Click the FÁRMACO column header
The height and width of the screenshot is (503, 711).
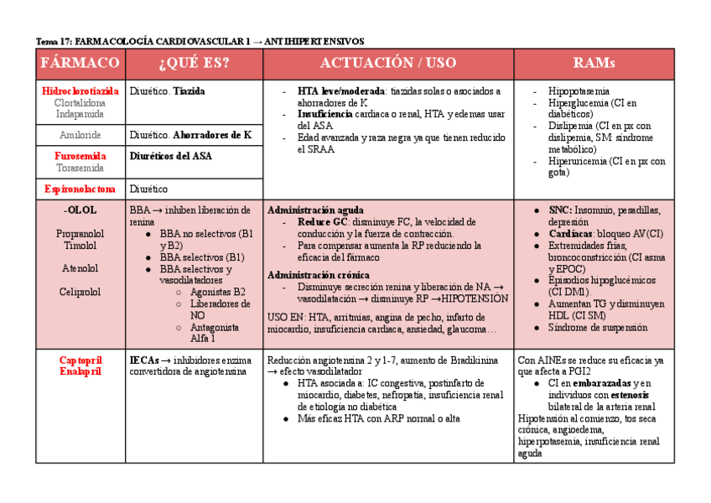point(80,64)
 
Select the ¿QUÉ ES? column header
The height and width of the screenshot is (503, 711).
point(194,64)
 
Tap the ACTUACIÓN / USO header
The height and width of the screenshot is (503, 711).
point(388,64)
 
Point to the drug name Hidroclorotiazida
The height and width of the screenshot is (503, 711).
point(80,91)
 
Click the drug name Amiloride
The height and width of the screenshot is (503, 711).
point(80,135)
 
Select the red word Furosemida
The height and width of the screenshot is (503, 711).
point(80,156)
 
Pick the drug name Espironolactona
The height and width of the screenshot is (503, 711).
point(80,189)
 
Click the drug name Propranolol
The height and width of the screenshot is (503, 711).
point(80,233)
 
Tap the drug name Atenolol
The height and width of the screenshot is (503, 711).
point(80,268)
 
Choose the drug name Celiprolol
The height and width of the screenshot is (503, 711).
point(80,292)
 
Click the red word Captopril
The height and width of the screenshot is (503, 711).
point(80,360)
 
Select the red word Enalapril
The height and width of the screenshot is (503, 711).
point(80,371)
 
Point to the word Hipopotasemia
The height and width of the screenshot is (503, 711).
point(579,91)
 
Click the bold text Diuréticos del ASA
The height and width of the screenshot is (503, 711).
point(171,156)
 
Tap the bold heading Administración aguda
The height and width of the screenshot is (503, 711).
point(315,210)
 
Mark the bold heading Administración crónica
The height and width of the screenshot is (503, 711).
point(319,274)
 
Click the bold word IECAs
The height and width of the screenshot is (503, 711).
point(144,360)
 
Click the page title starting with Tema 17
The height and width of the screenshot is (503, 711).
point(200,40)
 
